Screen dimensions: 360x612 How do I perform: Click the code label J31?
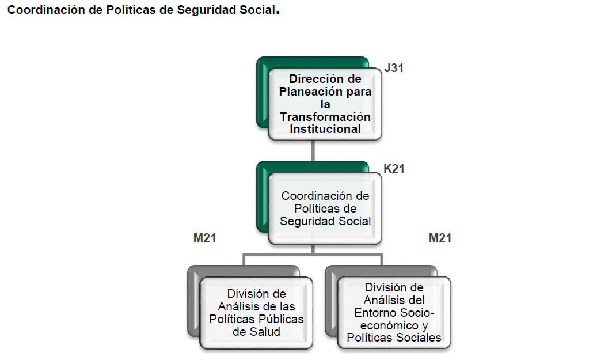click(x=394, y=68)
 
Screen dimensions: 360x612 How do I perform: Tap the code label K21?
click(x=394, y=169)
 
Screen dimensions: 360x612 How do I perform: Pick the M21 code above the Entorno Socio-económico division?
click(x=440, y=238)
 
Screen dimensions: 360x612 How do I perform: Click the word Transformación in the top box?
click(x=325, y=117)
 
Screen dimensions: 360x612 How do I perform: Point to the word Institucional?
click(x=325, y=129)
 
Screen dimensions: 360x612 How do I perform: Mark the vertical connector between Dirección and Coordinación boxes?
click(x=313, y=151)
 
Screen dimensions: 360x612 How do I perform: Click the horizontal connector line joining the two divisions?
click(x=313, y=253)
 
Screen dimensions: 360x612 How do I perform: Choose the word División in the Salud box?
click(x=257, y=294)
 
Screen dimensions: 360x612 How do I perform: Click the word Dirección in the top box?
click(x=317, y=79)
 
